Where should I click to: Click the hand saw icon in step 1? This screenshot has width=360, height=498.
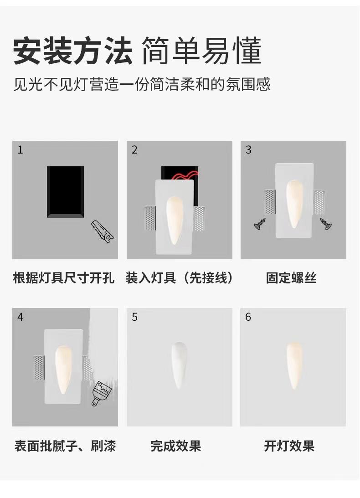click(x=102, y=231)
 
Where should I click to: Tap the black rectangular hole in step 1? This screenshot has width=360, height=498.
click(x=66, y=192)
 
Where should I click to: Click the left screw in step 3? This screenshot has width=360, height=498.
click(x=260, y=224)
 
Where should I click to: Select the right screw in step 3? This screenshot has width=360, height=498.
click(x=326, y=224)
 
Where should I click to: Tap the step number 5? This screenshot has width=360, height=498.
click(x=134, y=317)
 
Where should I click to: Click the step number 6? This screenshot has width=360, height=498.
click(x=248, y=317)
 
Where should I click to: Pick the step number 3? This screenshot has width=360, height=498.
click(x=248, y=149)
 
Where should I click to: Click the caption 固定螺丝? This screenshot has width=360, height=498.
click(x=291, y=278)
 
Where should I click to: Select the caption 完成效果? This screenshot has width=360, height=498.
click(x=176, y=446)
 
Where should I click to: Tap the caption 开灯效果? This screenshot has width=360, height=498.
click(x=289, y=446)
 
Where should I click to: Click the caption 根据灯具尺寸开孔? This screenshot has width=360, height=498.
click(x=64, y=278)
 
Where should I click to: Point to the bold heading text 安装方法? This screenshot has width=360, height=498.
click(x=73, y=51)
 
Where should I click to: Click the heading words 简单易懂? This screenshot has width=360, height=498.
click(x=201, y=51)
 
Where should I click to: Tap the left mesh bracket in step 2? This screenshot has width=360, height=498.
click(x=150, y=218)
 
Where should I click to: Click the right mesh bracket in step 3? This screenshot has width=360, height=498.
click(x=319, y=202)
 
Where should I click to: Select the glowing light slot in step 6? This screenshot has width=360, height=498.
click(x=294, y=365)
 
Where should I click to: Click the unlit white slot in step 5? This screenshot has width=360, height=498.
click(x=179, y=365)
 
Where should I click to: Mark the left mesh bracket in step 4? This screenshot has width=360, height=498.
click(x=39, y=368)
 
